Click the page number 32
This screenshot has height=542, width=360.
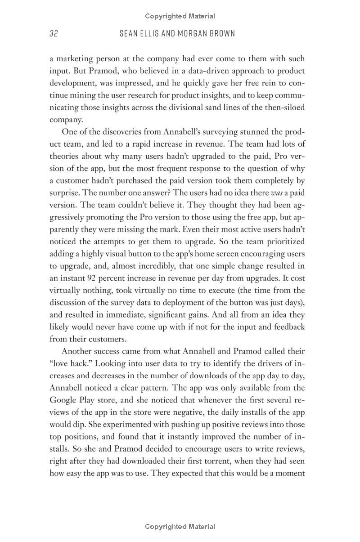(54, 34)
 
